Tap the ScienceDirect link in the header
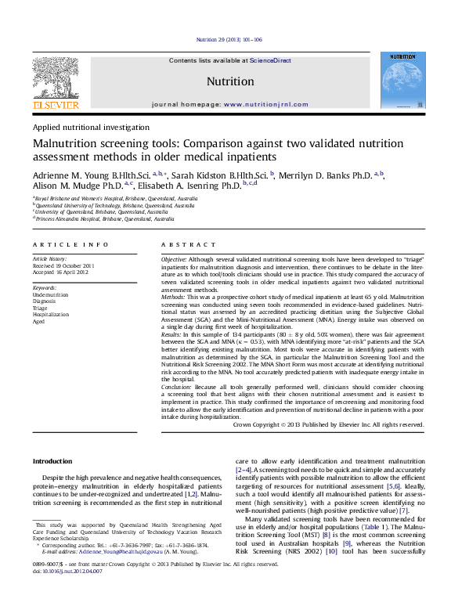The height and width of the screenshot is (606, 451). (x=270, y=60)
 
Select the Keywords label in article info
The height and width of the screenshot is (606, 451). (x=45, y=288)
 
